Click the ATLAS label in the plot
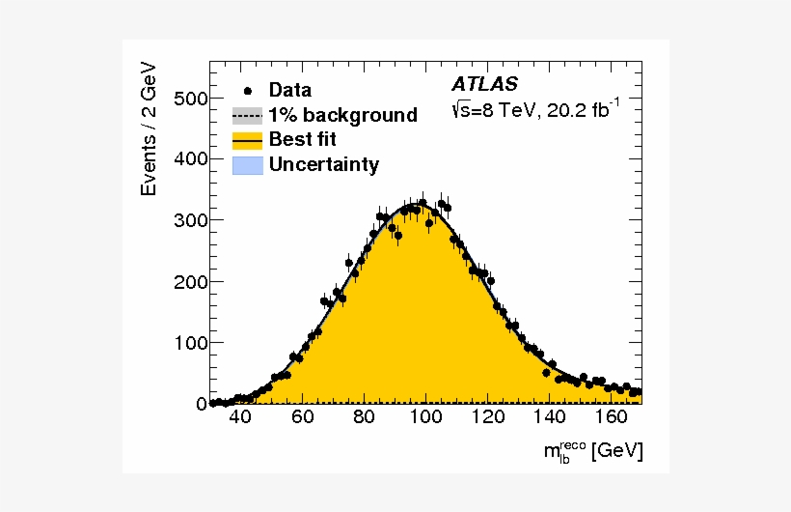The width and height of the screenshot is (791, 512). coord(485,84)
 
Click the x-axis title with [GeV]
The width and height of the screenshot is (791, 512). coord(591,452)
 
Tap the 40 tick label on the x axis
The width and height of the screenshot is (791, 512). coord(240,418)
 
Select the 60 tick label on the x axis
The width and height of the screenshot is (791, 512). coord(302,418)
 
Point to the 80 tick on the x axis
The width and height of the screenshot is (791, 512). coord(364,418)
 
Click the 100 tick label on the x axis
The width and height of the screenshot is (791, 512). coord(425,418)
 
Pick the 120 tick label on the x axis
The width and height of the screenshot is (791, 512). coord(487,418)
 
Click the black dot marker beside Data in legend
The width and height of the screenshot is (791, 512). coord(248,91)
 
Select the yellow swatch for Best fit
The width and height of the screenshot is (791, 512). coord(248,140)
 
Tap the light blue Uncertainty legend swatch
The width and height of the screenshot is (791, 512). coord(248,165)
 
